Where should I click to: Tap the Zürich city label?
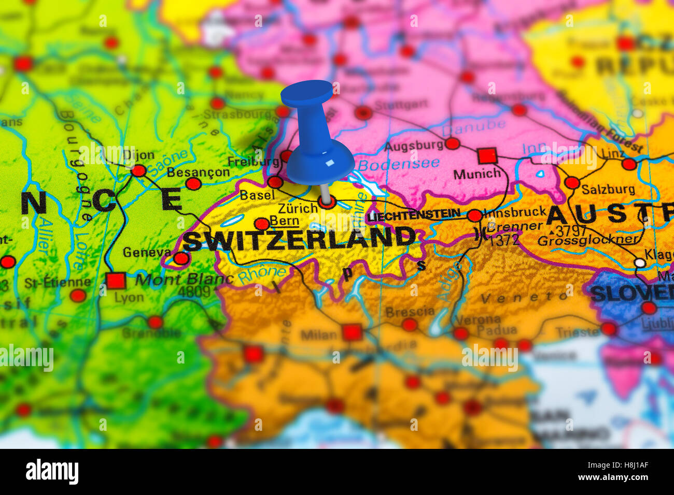[x=298, y=209]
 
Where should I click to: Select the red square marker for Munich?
[x=487, y=155]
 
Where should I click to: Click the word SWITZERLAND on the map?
[x=299, y=239]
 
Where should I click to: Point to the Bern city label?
[x=285, y=221]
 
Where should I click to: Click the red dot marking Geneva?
[x=181, y=258]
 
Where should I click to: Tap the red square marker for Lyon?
[x=116, y=281]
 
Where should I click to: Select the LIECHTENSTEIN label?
[x=414, y=214]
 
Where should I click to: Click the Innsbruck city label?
[x=515, y=211]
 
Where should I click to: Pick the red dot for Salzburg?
[x=572, y=182]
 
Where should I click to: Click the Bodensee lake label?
[x=399, y=164]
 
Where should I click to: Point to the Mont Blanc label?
[x=184, y=279]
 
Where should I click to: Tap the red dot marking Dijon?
[x=138, y=171]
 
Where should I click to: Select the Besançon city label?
[x=198, y=172]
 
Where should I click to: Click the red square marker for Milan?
[x=352, y=332]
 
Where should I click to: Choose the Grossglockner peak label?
[x=588, y=240]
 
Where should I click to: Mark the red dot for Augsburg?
[x=452, y=143]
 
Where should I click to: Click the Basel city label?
[x=257, y=195]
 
